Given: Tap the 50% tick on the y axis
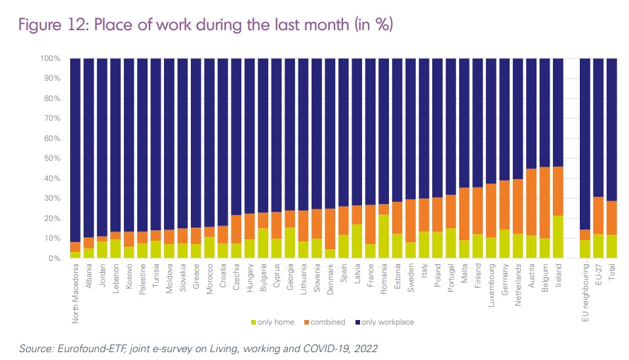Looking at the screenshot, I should coord(51,158).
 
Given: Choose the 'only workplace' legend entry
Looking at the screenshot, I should coord(386,322).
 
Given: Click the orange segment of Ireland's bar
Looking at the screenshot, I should coord(558,191).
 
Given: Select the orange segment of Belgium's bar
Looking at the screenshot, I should coord(544,203).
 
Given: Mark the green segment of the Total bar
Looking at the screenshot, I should coord(612,247).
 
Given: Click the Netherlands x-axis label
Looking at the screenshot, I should coord(518,285).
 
